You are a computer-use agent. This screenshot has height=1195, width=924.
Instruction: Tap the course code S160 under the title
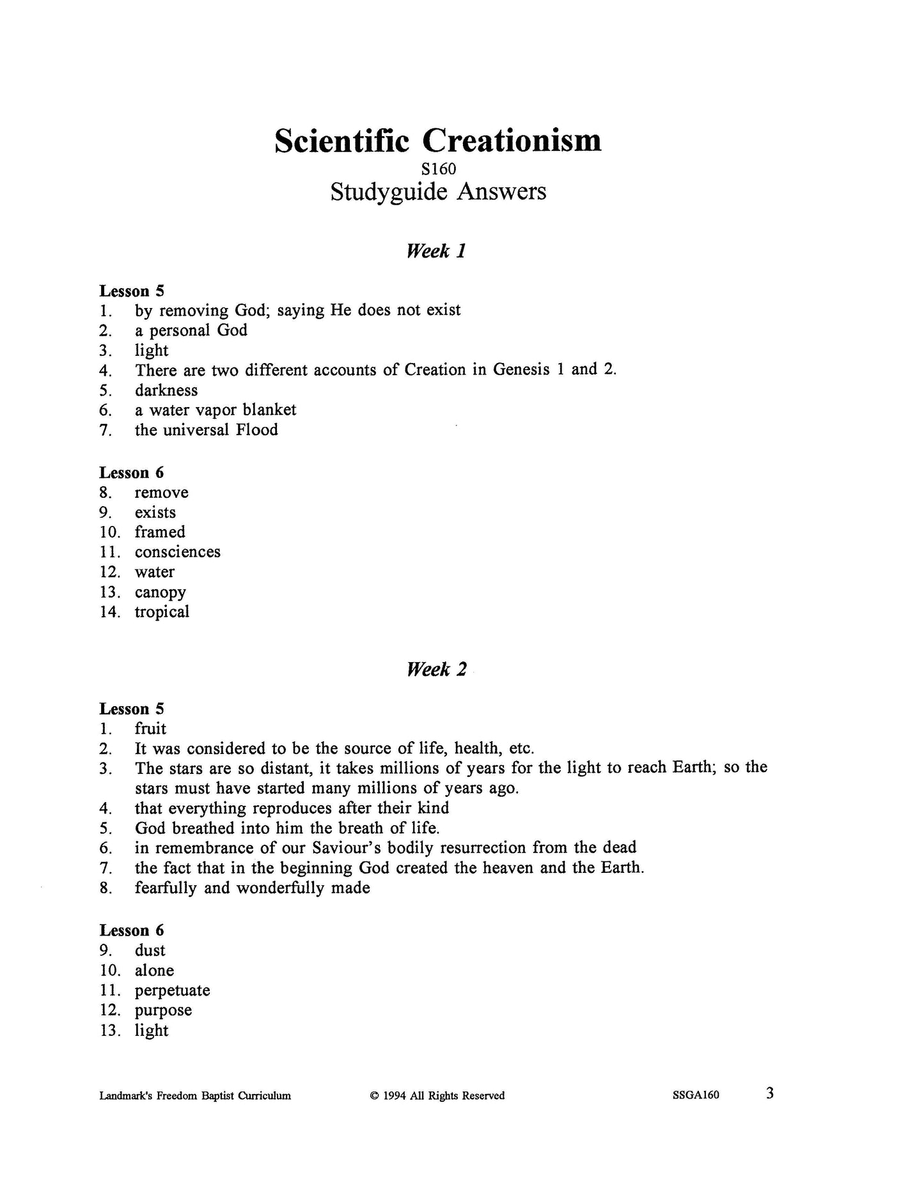[438, 169]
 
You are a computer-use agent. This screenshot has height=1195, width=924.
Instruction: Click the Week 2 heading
[436, 669]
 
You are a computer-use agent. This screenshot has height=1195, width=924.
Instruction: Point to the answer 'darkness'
[166, 390]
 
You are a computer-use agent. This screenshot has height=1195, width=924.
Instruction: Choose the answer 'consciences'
[177, 551]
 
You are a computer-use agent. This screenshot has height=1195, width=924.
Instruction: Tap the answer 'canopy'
[160, 592]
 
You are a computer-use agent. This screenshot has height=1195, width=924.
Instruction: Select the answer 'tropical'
[162, 612]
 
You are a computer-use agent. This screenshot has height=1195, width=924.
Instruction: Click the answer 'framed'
[160, 532]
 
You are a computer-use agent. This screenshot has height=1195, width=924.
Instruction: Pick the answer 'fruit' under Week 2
[150, 729]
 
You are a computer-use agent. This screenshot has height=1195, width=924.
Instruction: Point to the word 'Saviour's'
[348, 847]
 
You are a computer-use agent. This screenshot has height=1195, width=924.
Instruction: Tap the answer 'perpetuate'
[172, 990]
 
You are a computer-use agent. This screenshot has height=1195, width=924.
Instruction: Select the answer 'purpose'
[163, 1010]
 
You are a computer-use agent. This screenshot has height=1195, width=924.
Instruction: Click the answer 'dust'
[150, 950]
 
